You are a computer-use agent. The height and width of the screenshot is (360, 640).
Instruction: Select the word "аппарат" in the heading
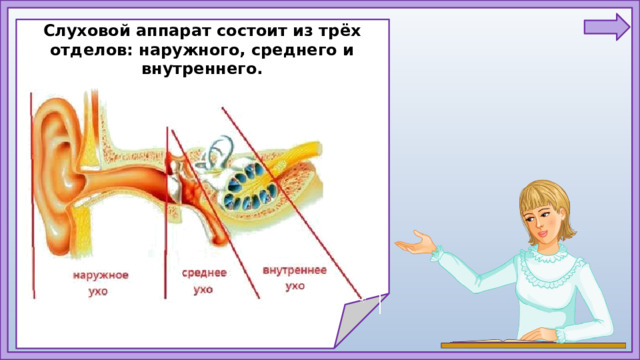click(x=172, y=30)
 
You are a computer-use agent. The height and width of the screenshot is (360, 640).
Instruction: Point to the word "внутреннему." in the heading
click(x=204, y=70)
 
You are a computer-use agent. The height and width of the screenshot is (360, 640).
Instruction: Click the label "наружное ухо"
click(x=99, y=283)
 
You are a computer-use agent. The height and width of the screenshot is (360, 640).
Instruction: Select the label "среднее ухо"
click(x=204, y=280)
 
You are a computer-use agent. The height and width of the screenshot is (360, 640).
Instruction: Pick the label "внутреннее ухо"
click(x=294, y=277)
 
